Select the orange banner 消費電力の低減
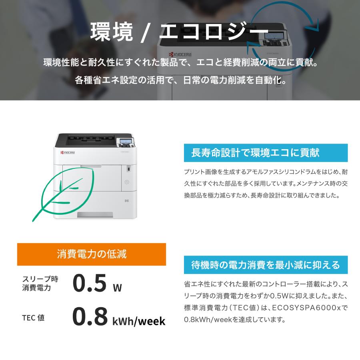pyautogui.click(x=92, y=254)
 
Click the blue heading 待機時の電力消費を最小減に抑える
pyautogui.click(x=266, y=264)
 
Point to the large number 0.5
pyautogui.click(x=90, y=282)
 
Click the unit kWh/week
pyautogui.click(x=139, y=321)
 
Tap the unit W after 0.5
pyautogui.click(x=117, y=287)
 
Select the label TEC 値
pyautogui.click(x=33, y=318)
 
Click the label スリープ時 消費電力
pyautogui.click(x=36, y=283)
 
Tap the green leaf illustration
pyautogui.click(x=64, y=192)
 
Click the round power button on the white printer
pyautogui.click(x=127, y=182)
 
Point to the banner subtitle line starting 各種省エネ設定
pyautogui.click(x=180, y=80)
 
